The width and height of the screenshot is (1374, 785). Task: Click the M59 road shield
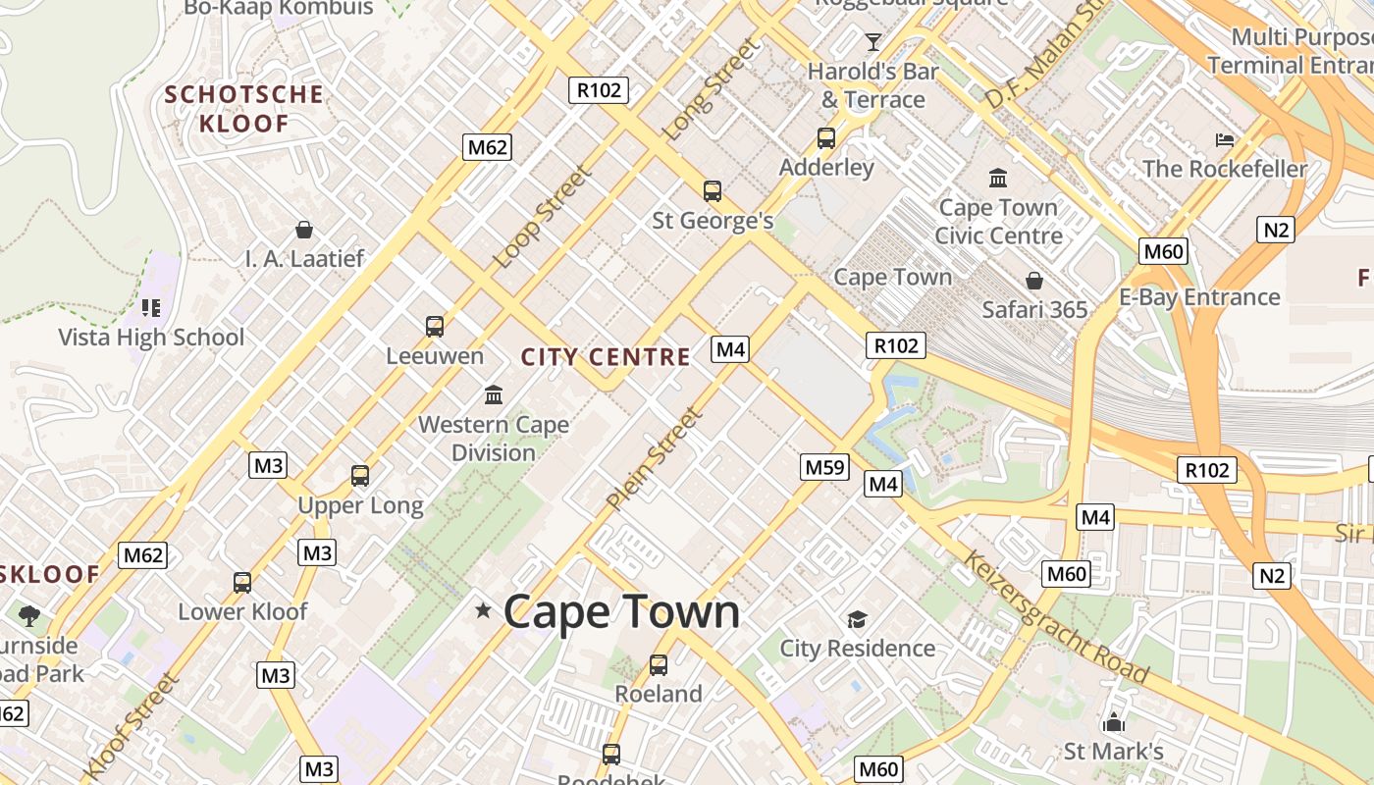pyautogui.click(x=824, y=467)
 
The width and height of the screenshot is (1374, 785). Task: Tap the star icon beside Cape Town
pyautogui.click(x=483, y=610)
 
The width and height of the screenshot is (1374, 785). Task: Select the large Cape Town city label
pyautogui.click(x=621, y=611)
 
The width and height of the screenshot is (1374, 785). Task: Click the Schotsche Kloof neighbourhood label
pyautogui.click(x=244, y=109)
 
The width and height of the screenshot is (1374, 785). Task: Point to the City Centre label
pyautogui.click(x=606, y=357)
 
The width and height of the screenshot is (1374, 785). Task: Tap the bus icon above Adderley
pyautogui.click(x=826, y=138)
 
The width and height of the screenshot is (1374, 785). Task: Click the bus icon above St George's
pyautogui.click(x=713, y=191)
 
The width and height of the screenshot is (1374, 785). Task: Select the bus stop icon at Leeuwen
pyautogui.click(x=435, y=327)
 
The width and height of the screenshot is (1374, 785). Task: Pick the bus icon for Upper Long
pyautogui.click(x=360, y=476)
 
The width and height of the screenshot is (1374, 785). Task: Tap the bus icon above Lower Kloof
pyautogui.click(x=242, y=582)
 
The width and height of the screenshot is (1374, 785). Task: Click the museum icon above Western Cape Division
pyautogui.click(x=494, y=395)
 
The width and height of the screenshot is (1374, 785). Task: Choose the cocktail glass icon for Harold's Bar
pyautogui.click(x=872, y=41)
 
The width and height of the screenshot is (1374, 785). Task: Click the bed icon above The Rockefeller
pyautogui.click(x=1225, y=139)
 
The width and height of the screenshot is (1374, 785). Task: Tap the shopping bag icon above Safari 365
pyautogui.click(x=1034, y=281)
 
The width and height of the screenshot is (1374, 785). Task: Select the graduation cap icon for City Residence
pyautogui.click(x=858, y=619)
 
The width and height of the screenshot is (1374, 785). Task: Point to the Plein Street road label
pyautogui.click(x=655, y=458)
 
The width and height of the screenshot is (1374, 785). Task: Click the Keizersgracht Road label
pyautogui.click(x=1055, y=617)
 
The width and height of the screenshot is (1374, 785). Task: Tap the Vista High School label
pyautogui.click(x=151, y=338)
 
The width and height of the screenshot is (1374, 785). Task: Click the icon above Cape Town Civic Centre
pyautogui.click(x=998, y=178)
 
